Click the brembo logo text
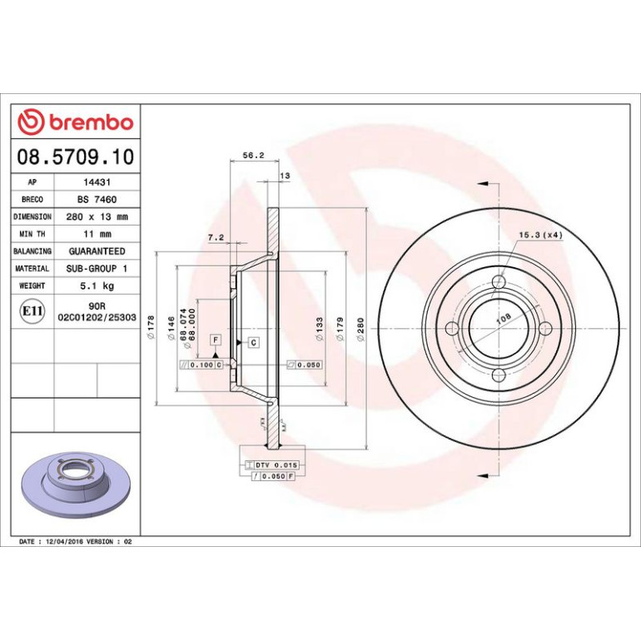click(x=92, y=122)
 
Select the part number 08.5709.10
click(x=76, y=157)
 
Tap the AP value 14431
click(x=97, y=182)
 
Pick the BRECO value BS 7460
click(x=97, y=200)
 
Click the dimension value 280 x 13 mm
click(x=97, y=216)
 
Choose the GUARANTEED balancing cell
click(x=97, y=251)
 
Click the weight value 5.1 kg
click(x=97, y=286)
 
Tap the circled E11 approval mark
click(x=32, y=311)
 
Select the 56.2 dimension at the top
click(x=253, y=156)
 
